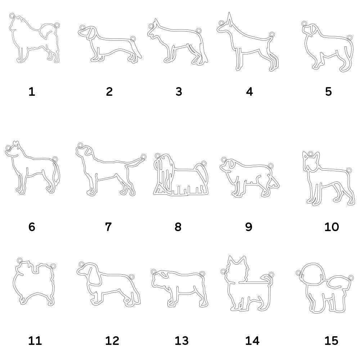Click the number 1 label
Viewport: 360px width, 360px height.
click(x=32, y=92)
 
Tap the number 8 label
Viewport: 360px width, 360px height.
click(x=178, y=227)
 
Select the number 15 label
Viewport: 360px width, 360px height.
click(x=331, y=340)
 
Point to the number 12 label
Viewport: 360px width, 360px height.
click(x=112, y=340)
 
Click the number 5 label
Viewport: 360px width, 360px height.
click(x=328, y=92)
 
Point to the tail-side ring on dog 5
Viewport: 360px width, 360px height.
click(x=350, y=36)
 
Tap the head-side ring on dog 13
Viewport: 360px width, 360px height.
click(x=154, y=271)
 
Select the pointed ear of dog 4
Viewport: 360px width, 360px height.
click(x=228, y=18)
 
